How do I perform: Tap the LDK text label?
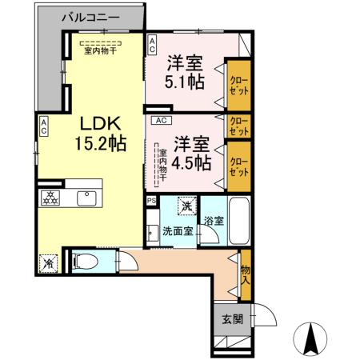(99, 124)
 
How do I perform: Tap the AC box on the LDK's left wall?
(44, 126)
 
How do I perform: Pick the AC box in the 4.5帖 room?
(159, 121)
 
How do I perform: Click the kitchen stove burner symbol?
(50, 198)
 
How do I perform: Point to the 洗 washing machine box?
(186, 206)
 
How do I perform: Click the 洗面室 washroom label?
(178, 231)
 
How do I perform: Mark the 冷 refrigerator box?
(47, 262)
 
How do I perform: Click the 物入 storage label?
(245, 274)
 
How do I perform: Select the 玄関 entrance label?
(231, 318)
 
